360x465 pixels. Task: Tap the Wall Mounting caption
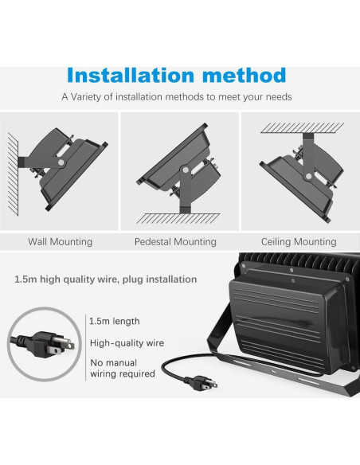60,241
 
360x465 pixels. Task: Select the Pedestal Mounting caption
175,241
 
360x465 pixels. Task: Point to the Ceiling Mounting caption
299,241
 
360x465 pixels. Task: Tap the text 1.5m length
115,321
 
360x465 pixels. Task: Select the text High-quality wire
127,343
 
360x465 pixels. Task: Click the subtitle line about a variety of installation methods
176,96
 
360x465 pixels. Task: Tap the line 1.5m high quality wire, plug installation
105,279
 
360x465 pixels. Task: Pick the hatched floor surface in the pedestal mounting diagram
179,217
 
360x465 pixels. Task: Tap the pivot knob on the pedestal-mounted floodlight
184,170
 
